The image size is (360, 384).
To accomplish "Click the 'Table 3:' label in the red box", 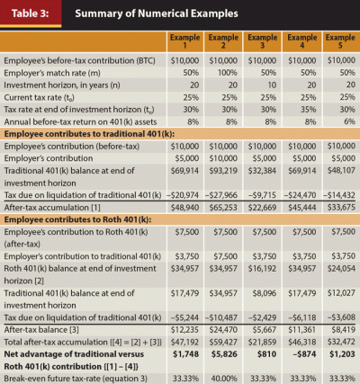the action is tap(30, 13).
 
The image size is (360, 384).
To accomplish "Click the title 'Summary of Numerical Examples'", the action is tap(157, 13).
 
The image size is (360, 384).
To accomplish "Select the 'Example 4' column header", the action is tap(302, 41).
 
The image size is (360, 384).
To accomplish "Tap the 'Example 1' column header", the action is tap(184, 41).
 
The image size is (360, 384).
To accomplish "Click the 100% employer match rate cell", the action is tap(227, 73).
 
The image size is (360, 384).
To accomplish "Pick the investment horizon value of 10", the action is tap(272, 85).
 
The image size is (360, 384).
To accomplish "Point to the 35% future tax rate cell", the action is tap(309, 110).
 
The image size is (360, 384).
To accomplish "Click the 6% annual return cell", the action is tap(349, 121).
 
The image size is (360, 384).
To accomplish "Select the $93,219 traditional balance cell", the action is tap(223, 171).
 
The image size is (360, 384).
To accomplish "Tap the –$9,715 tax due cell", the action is tap(262, 195).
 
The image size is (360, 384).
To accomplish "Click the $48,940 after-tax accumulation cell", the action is tap(184, 208).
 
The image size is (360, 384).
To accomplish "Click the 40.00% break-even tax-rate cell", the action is tap(224, 379).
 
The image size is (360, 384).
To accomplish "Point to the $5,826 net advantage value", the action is tap(224, 354).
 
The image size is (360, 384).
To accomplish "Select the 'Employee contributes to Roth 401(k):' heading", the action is tap(77, 219).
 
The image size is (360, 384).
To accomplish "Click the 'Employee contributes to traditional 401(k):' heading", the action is tap(89, 134).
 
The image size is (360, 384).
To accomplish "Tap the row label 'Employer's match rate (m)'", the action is tap(52, 73).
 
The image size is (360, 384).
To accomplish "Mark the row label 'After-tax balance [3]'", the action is tap(41, 330).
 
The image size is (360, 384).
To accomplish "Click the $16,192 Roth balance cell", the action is tap(262, 268).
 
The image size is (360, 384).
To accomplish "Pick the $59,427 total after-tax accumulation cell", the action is tap(223, 342).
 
